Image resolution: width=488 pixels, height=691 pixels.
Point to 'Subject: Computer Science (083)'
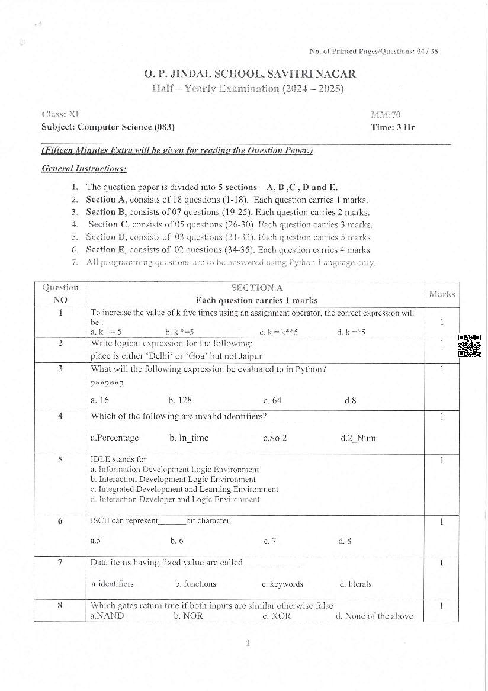108,127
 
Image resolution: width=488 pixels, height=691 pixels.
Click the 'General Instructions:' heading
84,168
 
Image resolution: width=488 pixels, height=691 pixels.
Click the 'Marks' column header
441,294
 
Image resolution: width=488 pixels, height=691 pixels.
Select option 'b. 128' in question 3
179,400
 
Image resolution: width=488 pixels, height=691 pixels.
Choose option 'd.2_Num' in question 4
358,438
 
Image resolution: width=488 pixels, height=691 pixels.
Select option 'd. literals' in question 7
355,584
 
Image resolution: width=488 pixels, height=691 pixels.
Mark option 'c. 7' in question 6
269,541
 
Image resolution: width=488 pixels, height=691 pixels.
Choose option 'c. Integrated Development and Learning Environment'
184,490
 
